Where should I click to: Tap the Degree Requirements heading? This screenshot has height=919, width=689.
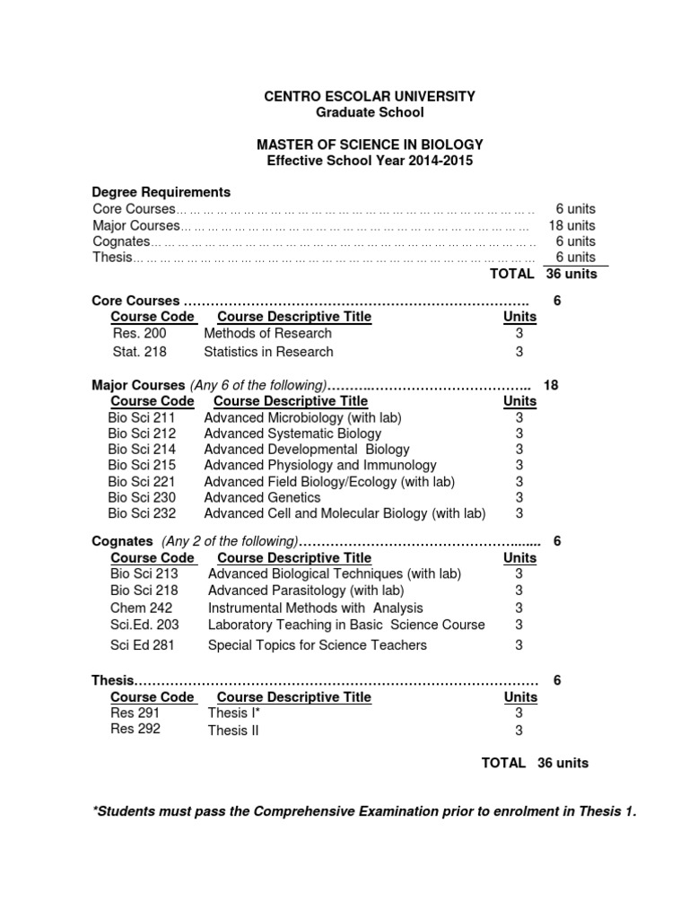(x=161, y=192)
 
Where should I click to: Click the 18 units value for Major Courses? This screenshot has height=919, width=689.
(x=571, y=225)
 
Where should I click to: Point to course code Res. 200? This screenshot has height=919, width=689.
(x=139, y=333)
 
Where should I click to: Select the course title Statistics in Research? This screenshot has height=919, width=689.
(x=268, y=352)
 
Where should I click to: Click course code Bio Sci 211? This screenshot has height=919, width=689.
(x=142, y=417)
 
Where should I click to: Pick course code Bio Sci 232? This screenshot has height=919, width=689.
(x=142, y=513)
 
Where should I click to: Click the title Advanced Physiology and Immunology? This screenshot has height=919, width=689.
(x=320, y=465)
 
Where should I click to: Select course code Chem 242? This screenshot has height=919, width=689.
(x=135, y=608)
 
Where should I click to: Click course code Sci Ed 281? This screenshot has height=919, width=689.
(x=143, y=645)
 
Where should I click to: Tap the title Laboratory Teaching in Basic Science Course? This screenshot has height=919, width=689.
(x=346, y=625)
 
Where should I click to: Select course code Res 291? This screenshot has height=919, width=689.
(x=135, y=713)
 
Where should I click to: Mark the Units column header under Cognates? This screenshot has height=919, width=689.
(x=520, y=557)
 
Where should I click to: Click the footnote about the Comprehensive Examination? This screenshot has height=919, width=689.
(x=365, y=811)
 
